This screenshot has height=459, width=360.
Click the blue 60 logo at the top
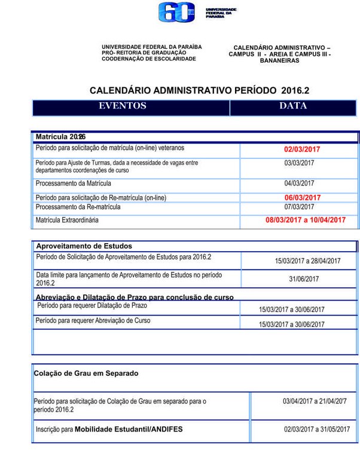(x=176, y=13)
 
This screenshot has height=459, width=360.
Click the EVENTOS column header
(x=123, y=106)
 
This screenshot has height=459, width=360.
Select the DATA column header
(x=293, y=106)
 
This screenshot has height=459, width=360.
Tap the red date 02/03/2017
(x=302, y=149)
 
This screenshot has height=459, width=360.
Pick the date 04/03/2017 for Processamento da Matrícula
(x=299, y=183)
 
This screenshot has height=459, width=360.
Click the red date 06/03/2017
(x=302, y=198)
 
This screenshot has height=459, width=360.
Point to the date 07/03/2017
(x=299, y=207)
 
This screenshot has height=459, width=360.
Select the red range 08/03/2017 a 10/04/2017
(x=306, y=220)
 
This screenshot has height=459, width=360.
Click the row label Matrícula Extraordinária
(x=67, y=220)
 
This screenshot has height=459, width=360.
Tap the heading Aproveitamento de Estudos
(x=84, y=246)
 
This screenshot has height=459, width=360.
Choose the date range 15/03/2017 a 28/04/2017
(x=307, y=261)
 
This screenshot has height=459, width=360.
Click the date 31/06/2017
(x=304, y=279)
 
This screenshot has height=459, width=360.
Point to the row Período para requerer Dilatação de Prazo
(x=92, y=305)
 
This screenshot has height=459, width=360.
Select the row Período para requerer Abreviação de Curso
(x=93, y=321)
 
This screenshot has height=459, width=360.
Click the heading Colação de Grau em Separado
(x=86, y=373)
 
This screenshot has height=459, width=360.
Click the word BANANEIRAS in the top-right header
(x=280, y=60)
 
